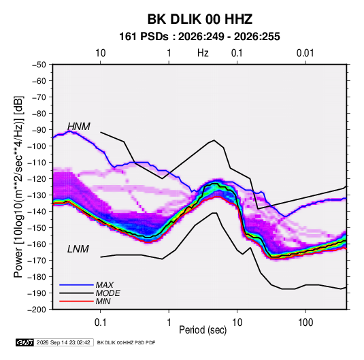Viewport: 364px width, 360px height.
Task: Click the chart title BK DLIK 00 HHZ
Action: coord(200,19)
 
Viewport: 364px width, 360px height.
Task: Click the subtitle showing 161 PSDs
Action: coord(199,37)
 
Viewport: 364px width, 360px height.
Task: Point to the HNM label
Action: coord(79,127)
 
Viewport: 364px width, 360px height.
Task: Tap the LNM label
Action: coord(78,249)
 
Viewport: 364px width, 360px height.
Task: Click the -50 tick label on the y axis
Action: coord(39,65)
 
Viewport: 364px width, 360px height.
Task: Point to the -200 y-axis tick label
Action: coord(37,310)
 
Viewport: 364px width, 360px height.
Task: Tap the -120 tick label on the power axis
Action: coord(37,179)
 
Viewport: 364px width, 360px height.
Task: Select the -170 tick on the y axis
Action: coord(37,261)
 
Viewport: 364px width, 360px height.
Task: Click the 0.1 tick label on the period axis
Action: coord(101,323)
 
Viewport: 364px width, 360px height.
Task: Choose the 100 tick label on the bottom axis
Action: coord(305,323)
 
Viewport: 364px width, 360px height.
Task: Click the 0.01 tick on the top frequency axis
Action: coord(305,53)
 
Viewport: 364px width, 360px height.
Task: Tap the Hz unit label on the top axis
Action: coord(203,53)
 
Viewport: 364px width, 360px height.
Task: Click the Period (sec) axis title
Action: coord(203,330)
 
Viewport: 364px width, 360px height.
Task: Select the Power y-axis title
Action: coord(18,187)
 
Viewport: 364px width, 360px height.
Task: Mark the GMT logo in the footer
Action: coord(25,342)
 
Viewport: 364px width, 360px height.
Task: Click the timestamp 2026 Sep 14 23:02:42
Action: coord(63,342)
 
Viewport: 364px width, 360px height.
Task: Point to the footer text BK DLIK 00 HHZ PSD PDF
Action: coord(126,342)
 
